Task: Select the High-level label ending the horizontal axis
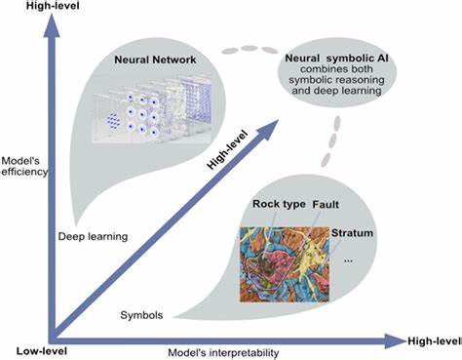pyautogui.click(x=435, y=340)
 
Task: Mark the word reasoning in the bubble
pyautogui.click(x=363, y=86)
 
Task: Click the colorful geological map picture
pyautogui.click(x=285, y=258)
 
